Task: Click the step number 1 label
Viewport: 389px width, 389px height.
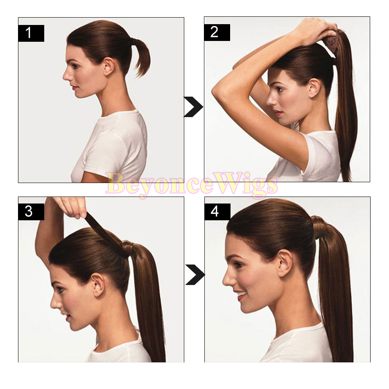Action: point(31,33)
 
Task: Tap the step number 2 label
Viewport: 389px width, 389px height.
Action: point(217,32)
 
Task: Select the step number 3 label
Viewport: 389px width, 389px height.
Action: point(31,212)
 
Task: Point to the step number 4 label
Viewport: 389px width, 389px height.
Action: point(217,212)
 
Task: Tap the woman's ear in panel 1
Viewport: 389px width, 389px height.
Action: point(109,66)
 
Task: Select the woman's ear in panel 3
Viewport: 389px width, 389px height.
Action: point(99,285)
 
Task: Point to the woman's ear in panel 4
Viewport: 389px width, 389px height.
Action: point(285,263)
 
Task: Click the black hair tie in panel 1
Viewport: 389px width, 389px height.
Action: point(135,42)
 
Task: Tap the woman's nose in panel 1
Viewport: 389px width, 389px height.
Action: point(66,75)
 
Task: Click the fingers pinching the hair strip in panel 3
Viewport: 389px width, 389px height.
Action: point(75,208)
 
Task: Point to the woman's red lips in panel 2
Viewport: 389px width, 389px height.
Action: point(278,113)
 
